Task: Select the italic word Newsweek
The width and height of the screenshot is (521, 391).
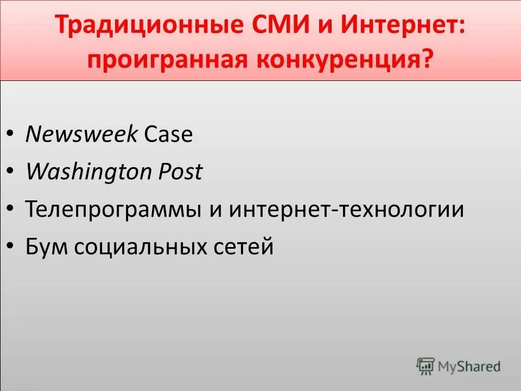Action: click(81, 134)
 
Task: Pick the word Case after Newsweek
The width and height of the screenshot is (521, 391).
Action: click(168, 134)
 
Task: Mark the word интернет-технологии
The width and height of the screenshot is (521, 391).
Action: click(346, 209)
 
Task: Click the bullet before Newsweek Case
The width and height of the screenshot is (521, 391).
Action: click(11, 135)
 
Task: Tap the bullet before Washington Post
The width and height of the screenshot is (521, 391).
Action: click(11, 172)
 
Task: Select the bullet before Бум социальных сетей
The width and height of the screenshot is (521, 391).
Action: click(11, 247)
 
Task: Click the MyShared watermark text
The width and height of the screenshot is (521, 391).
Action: click(469, 367)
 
